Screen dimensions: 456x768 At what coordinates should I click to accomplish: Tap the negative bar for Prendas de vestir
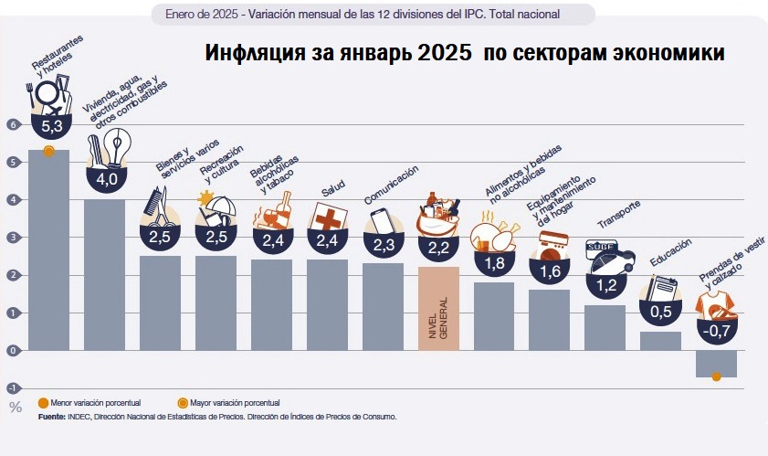tap(716, 364)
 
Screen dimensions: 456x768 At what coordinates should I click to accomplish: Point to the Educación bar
tap(660, 341)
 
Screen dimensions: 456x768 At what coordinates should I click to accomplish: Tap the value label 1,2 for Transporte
tap(605, 283)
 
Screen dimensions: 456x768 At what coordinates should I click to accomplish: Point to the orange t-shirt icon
tap(716, 301)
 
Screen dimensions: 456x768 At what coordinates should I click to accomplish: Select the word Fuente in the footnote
tap(51, 416)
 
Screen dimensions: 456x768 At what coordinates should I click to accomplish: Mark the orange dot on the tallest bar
tap(48, 150)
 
